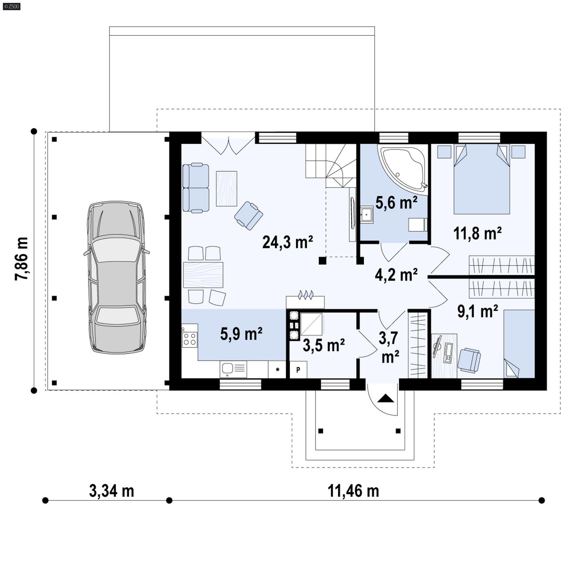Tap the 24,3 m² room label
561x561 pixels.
287,242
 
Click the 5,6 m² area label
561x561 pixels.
396,203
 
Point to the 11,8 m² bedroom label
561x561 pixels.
477,233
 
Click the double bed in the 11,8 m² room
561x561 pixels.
481,179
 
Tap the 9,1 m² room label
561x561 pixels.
478,311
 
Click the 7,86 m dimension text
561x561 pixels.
22,259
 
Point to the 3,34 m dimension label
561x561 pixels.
111,491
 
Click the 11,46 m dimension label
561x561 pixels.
353,491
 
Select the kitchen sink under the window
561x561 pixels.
233,369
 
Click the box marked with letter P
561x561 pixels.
298,370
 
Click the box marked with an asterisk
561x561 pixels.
277,370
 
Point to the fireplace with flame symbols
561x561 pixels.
305,299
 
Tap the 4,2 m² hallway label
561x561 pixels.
396,275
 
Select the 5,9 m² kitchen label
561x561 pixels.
241,334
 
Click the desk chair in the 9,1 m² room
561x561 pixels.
469,360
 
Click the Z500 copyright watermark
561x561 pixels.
11,6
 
